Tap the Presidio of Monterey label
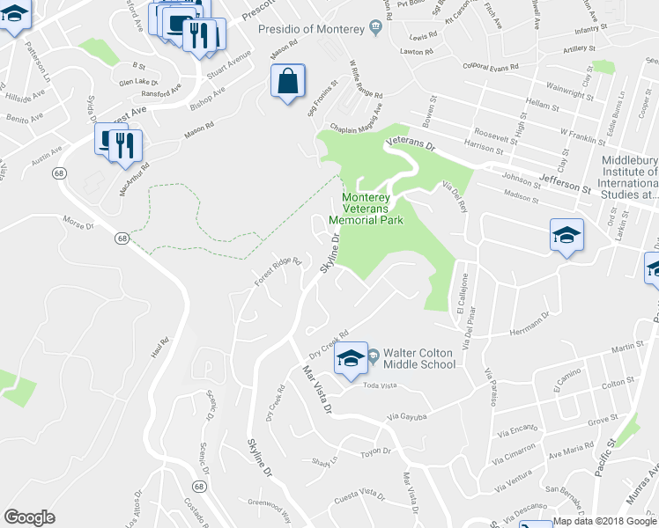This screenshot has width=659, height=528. (311, 29)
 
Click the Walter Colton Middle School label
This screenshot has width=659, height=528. (418, 358)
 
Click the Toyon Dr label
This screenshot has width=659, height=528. (374, 451)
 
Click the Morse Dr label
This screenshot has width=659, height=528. (78, 225)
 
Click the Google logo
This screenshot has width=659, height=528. (30, 517)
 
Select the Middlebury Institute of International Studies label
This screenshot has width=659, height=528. (629, 176)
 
